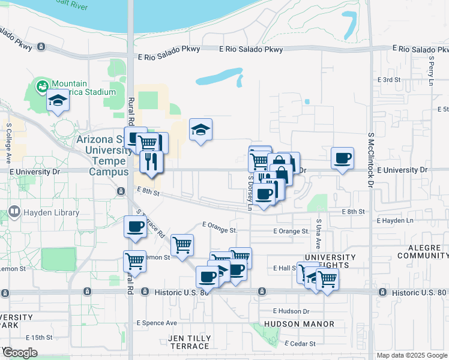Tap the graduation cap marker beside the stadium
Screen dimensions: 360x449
pyautogui.click(x=58, y=100)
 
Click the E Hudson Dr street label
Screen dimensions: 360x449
pyautogui.click(x=291, y=311)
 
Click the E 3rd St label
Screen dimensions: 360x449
pyautogui.click(x=388, y=79)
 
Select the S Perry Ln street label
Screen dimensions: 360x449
pyautogui.click(x=431, y=70)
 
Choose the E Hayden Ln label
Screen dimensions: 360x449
pyautogui.click(x=395, y=221)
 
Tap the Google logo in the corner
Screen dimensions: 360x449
pyautogui.click(x=19, y=353)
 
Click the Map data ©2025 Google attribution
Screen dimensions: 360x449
pyautogui.click(x=411, y=355)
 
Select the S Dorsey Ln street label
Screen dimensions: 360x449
pyautogui.click(x=250, y=192)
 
